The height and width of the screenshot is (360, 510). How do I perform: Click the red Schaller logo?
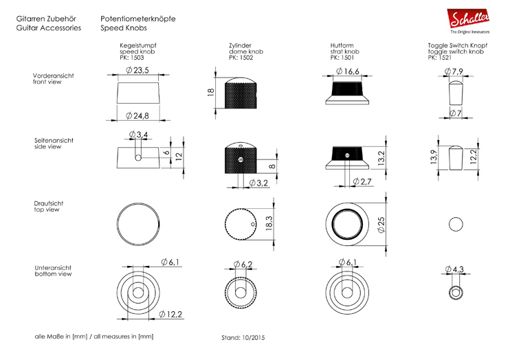coord(468,19)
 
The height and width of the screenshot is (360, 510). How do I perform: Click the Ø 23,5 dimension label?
coord(137,70)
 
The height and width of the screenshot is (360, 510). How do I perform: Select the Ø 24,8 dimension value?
coord(137,116)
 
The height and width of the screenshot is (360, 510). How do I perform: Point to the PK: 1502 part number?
coord(241,58)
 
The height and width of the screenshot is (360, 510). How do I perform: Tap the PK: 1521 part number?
coord(440,58)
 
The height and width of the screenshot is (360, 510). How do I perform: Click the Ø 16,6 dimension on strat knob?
coord(347,71)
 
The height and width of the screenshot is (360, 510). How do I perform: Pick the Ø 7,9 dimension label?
coord(454,71)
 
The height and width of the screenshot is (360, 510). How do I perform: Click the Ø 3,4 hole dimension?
coord(138,134)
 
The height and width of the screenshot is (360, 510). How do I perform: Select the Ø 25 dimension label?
coord(381,225)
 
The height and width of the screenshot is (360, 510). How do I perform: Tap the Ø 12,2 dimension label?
coord(170,314)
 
